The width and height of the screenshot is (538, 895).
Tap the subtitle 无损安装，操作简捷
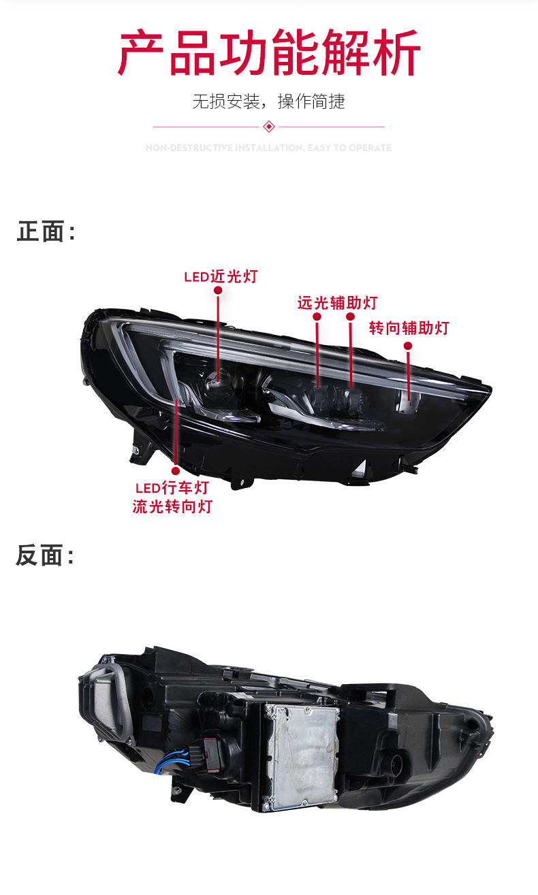[x=269, y=102]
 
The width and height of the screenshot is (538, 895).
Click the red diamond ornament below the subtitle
[x=269, y=127]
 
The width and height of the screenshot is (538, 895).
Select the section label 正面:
[x=45, y=232]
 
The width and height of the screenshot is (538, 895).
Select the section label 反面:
[x=45, y=556]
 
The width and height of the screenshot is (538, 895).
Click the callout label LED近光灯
[x=221, y=276]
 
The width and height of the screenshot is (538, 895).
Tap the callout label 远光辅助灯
[x=336, y=303]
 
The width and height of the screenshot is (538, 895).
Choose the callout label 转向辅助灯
[x=409, y=328]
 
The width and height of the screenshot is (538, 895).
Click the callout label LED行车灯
[x=172, y=488]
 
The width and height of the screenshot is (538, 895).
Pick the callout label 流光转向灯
[x=172, y=507]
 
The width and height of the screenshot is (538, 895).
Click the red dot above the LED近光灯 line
[x=218, y=291]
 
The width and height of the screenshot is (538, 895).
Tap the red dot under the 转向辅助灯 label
[x=408, y=346]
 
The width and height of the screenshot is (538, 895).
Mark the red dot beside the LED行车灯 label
[x=175, y=470]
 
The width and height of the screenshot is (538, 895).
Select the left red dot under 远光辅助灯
[x=317, y=317]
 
